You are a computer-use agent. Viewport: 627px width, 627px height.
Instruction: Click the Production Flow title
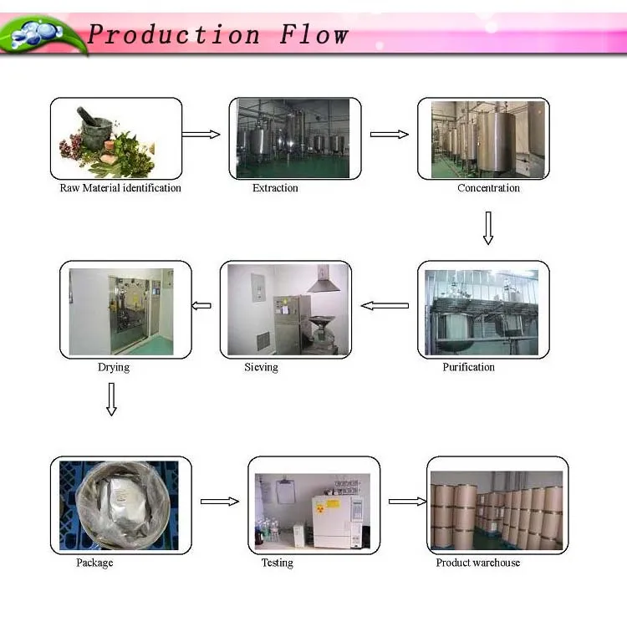pos(217,35)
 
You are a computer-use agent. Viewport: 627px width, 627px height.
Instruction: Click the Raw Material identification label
pos(120,188)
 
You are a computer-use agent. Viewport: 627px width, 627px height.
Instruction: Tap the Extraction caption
pos(275,188)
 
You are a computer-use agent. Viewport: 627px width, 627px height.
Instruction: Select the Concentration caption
pos(488,188)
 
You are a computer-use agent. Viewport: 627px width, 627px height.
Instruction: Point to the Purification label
pos(468,367)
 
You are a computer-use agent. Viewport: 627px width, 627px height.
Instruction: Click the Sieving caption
pos(261,367)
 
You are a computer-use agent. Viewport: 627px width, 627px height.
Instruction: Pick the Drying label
pos(114,367)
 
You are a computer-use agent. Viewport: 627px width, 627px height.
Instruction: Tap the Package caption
pos(94,563)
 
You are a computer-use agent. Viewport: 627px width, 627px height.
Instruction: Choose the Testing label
pos(277,563)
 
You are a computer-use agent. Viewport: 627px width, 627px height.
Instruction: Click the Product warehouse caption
pos(477,563)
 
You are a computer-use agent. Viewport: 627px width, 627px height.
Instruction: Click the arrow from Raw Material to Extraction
pos(201,134)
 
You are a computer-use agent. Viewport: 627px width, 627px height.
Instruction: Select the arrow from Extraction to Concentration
pos(389,134)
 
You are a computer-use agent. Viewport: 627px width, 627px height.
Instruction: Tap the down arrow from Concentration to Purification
pos(488,228)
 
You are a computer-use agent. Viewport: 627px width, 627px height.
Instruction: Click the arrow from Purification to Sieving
pos(385,306)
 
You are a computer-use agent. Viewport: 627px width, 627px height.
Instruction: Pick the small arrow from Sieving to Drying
pos(201,306)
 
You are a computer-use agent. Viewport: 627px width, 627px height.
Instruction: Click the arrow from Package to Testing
pos(220,502)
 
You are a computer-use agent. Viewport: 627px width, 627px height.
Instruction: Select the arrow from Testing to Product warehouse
pos(407,502)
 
